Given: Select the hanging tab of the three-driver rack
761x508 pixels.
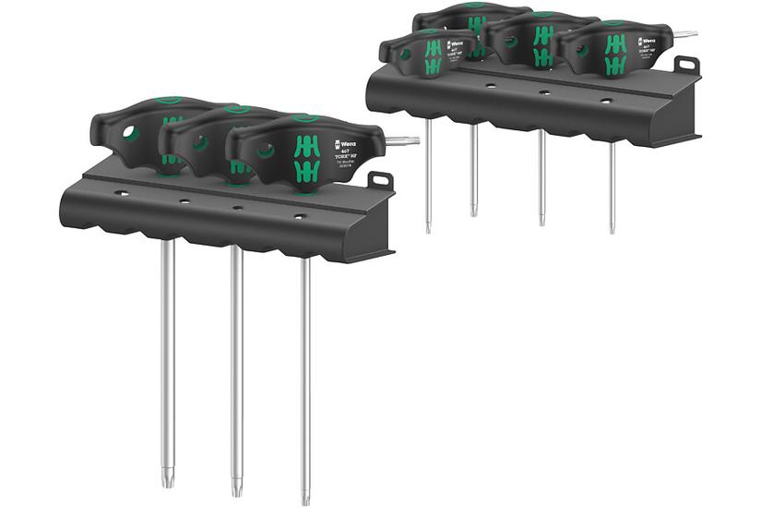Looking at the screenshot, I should pyautogui.click(x=380, y=181).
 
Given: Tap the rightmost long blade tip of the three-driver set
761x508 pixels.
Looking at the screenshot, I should pyautogui.click(x=305, y=498).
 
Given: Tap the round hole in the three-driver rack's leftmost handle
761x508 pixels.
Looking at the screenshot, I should pyautogui.click(x=131, y=134).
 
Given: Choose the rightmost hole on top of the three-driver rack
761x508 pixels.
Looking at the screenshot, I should pyautogui.click(x=298, y=216).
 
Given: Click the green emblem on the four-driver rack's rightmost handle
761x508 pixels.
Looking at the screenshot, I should pyautogui.click(x=615, y=54).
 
